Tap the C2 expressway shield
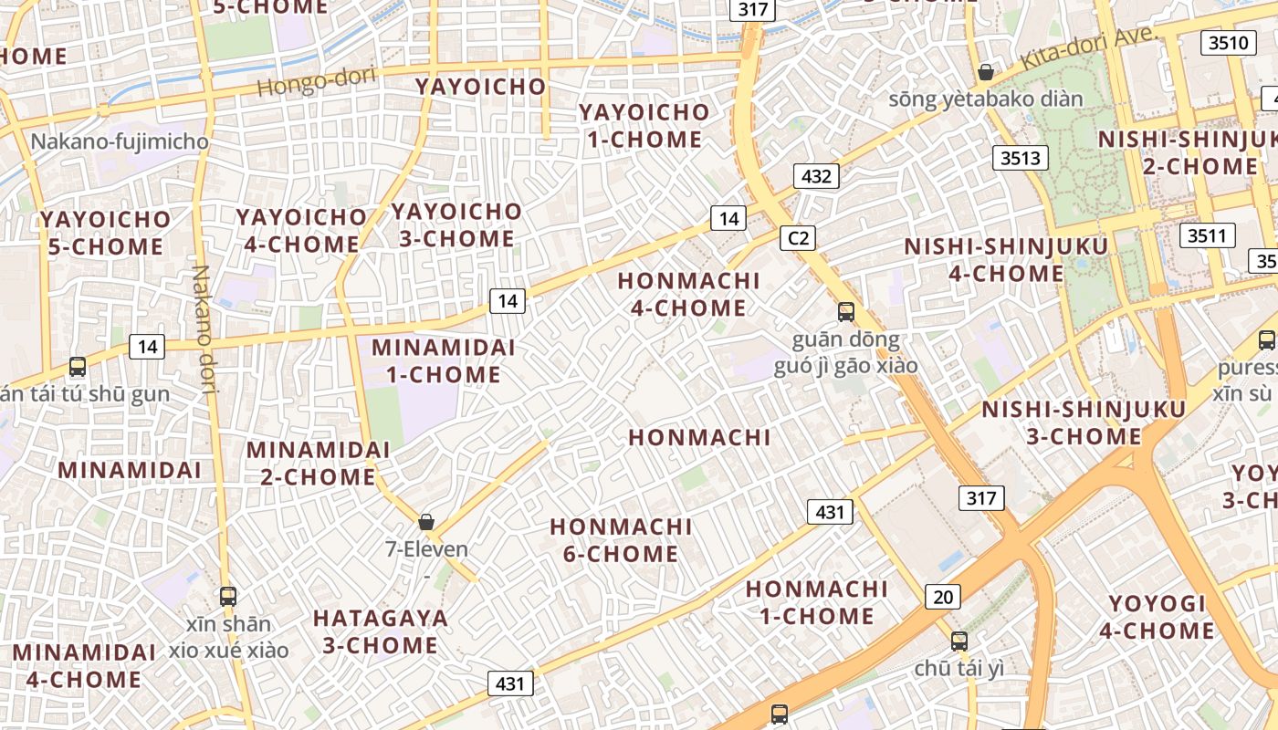point(798,238)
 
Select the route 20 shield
point(942,598)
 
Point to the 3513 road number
point(1020,158)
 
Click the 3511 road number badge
point(1206,235)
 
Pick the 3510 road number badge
point(1227,42)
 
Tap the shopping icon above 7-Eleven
point(425,522)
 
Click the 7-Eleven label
point(426,549)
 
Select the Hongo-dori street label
point(316,81)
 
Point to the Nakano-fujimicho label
point(120,142)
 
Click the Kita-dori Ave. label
point(1088,48)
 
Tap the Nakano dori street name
point(203,328)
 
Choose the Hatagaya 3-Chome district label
point(381,631)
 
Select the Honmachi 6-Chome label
point(621,540)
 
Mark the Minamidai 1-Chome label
point(443,360)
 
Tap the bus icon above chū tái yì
point(958,641)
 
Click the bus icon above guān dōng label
point(846,312)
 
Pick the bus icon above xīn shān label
point(228,597)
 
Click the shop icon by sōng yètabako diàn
point(986,72)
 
